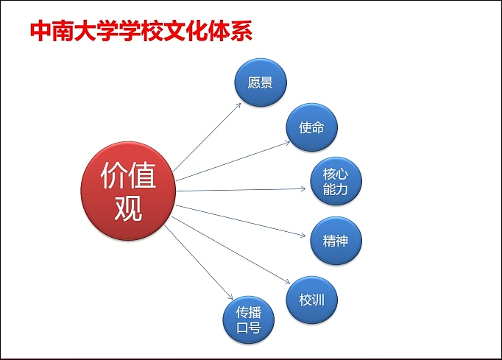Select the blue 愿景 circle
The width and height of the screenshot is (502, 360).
(261, 82)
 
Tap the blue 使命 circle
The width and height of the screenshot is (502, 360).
(311, 127)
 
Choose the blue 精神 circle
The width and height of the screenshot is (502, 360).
(335, 241)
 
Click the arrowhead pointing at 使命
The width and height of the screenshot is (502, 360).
(289, 141)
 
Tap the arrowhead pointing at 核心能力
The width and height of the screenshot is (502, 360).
(303, 188)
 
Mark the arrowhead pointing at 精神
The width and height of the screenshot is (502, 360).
(303, 236)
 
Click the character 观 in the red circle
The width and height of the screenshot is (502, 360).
(128, 209)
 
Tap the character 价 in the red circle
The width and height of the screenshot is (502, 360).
(113, 177)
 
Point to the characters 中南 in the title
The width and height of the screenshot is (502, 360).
(52, 32)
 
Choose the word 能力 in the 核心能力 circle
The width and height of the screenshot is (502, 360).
(335, 190)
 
